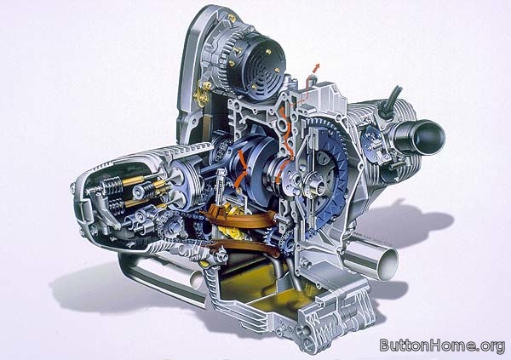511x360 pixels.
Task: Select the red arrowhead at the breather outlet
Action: [317, 66]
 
